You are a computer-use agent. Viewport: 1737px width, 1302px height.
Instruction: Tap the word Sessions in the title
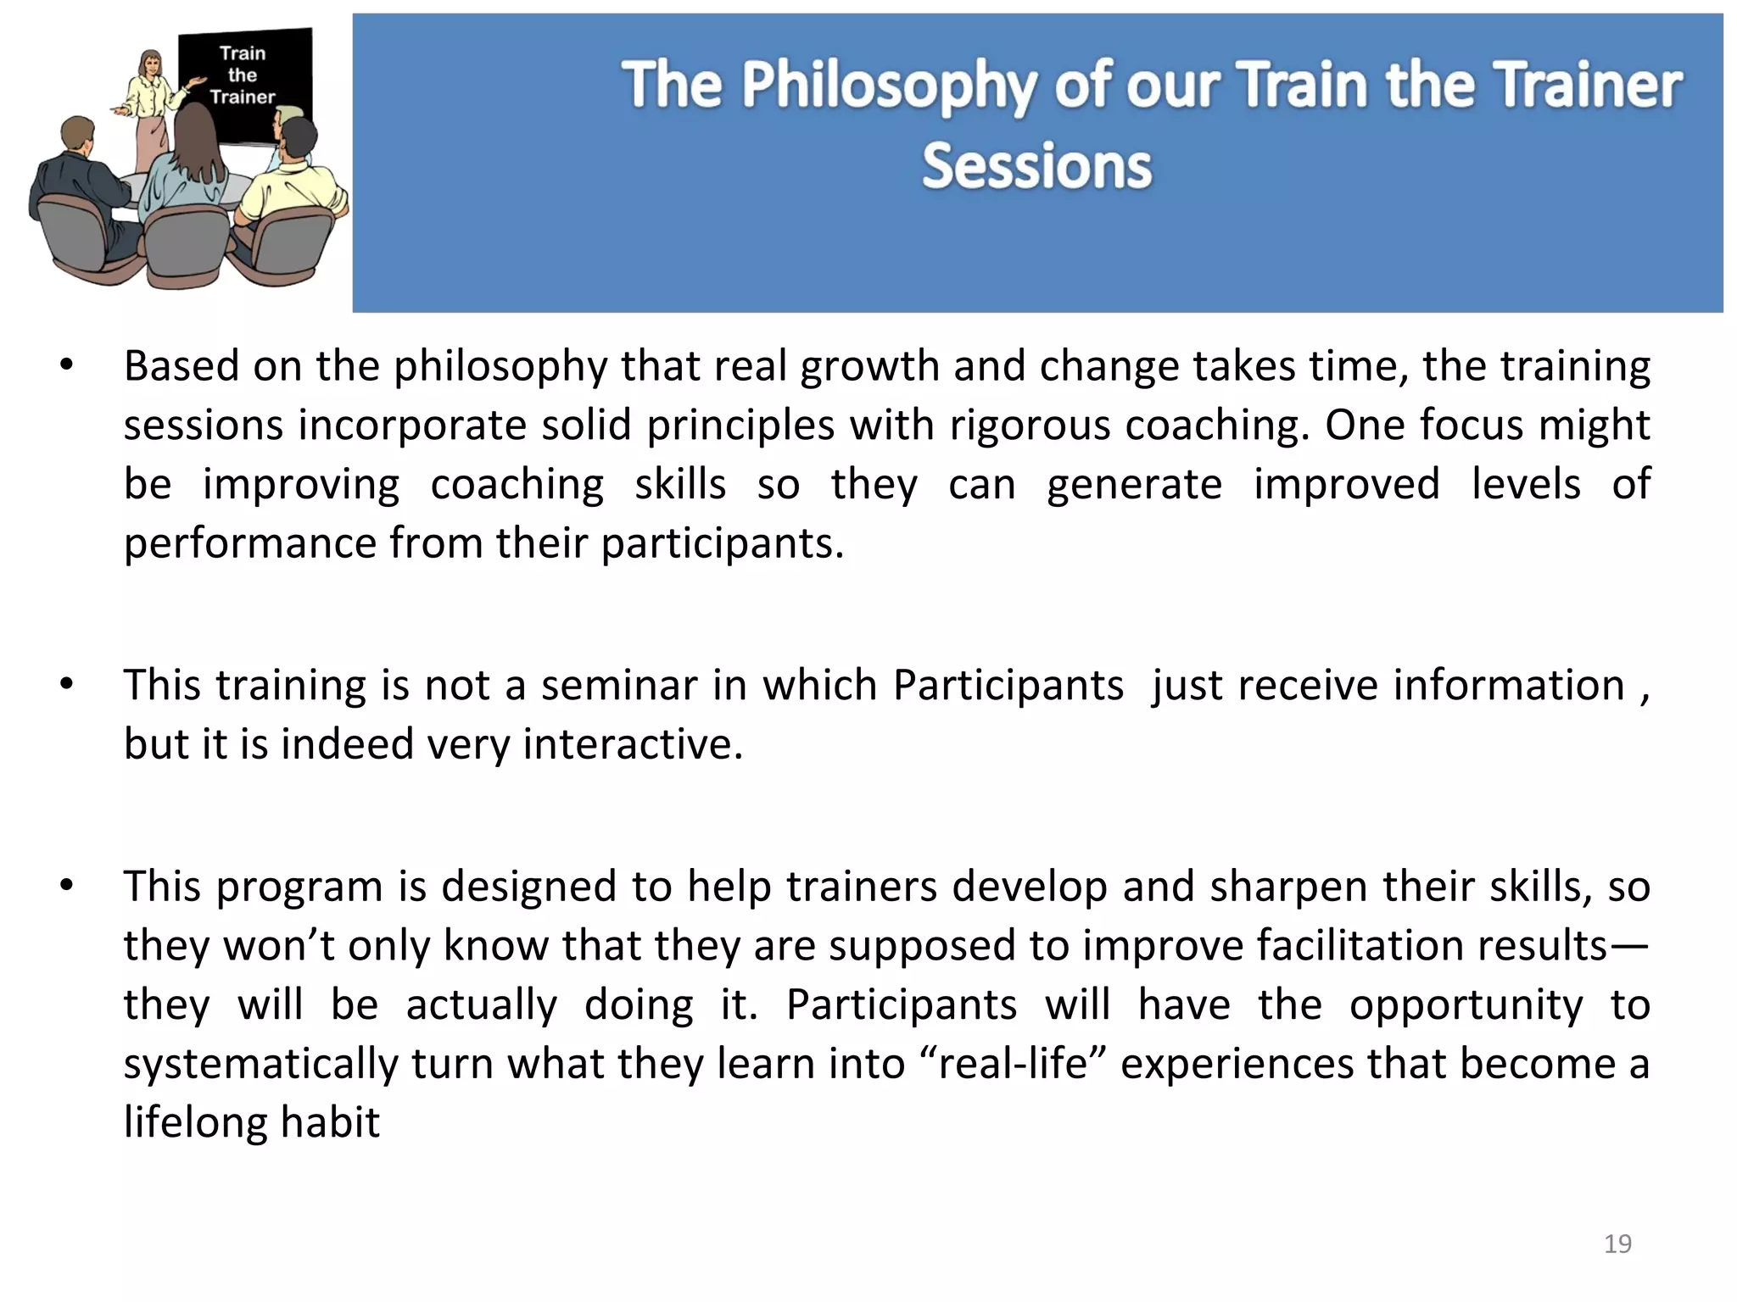(1036, 166)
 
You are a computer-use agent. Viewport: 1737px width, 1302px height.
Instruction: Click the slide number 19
(1617, 1244)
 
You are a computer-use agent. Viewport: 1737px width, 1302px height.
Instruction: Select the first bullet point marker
(67, 367)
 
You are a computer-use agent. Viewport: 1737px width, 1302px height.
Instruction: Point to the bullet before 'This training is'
(67, 685)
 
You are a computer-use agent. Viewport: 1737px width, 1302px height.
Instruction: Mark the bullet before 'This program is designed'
(67, 887)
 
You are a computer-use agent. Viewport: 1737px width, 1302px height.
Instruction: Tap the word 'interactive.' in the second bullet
(632, 744)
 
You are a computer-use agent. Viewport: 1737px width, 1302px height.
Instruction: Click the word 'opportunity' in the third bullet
(1466, 1005)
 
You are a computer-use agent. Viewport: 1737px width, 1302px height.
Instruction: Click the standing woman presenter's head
(151, 64)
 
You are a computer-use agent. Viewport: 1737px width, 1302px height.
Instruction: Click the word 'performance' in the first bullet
(249, 543)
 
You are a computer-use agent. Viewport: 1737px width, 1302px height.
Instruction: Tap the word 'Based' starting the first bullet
(181, 367)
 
